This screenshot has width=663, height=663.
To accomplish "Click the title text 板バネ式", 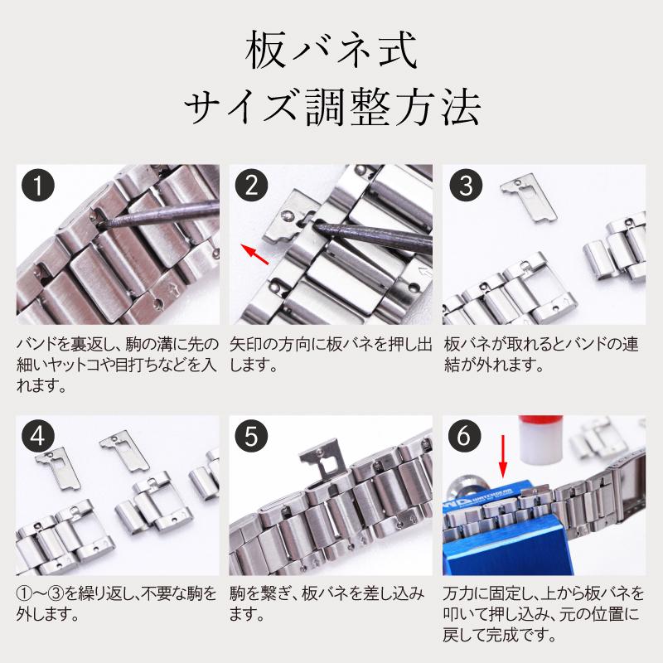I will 331,51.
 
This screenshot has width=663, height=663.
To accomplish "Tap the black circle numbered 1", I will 39,186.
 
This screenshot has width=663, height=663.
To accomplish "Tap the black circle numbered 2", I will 252,186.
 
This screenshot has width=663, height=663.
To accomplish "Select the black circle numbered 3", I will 465,186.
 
